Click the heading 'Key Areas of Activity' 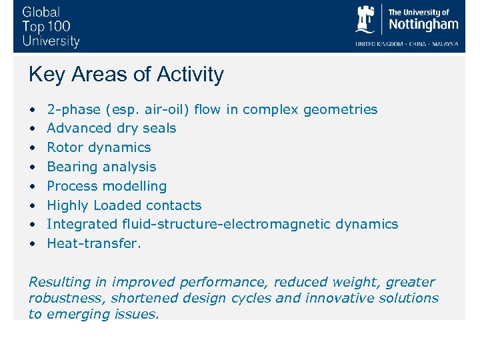[x=126, y=75]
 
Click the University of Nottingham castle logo [x=366, y=20]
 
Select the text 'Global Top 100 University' [x=51, y=27]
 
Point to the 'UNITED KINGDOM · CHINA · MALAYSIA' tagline [x=407, y=44]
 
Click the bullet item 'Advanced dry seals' [x=111, y=128]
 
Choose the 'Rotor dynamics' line [x=99, y=147]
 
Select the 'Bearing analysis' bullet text [x=101, y=167]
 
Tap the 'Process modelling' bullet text [x=107, y=186]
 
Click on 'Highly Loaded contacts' [x=124, y=205]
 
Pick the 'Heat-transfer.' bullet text [x=94, y=243]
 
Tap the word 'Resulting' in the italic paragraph [x=58, y=282]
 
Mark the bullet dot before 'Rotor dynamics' [x=32, y=148]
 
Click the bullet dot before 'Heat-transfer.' [x=32, y=244]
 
